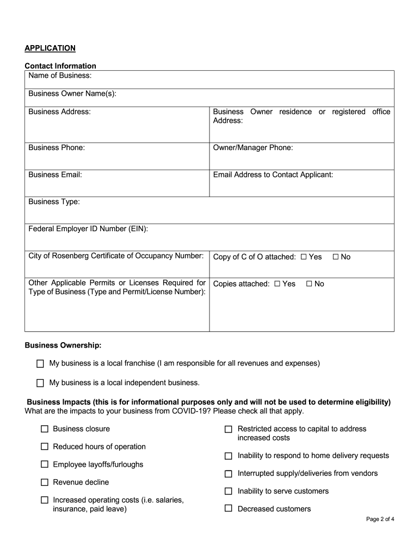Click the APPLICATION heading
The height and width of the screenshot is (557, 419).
click(50, 48)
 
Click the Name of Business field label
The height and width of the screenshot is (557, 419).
click(60, 75)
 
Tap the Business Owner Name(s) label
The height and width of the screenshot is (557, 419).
click(72, 94)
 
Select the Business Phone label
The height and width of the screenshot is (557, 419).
click(57, 147)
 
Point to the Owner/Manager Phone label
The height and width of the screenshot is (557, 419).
click(253, 147)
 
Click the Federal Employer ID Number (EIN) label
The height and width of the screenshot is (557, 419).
click(88, 229)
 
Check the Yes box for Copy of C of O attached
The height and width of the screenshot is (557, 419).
click(304, 257)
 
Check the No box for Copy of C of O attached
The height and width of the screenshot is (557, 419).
click(336, 257)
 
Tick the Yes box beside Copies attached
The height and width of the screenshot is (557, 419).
click(278, 284)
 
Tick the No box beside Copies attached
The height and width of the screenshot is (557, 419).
click(310, 284)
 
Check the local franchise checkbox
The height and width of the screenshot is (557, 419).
click(40, 363)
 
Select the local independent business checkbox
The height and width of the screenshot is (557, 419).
click(40, 383)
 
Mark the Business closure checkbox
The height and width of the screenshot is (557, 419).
click(45, 429)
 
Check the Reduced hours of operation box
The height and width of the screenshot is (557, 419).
click(45, 447)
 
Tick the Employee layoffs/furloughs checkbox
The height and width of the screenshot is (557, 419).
click(45, 465)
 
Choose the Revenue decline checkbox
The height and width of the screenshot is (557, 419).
click(45, 482)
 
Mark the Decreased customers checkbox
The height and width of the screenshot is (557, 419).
click(229, 509)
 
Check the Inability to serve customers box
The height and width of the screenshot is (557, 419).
click(229, 491)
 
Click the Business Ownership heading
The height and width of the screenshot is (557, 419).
click(63, 345)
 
